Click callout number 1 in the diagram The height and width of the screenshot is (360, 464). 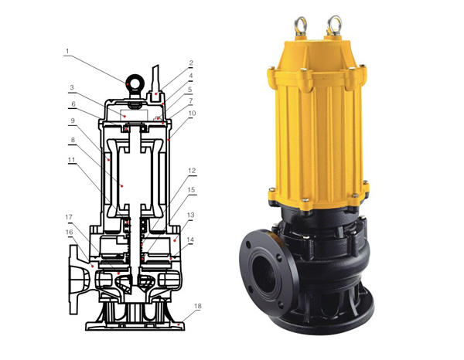[67, 51]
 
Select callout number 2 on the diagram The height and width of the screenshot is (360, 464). [191, 63]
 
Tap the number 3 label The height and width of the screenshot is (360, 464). [72, 87]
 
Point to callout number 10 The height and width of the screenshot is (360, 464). [192, 114]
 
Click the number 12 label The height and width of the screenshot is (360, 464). [192, 171]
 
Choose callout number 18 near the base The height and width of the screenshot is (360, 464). [198, 306]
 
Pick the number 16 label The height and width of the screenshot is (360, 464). [70, 233]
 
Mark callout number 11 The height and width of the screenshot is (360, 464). [72, 160]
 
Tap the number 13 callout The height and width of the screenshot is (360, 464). [191, 215]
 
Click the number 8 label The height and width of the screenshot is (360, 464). [73, 140]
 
